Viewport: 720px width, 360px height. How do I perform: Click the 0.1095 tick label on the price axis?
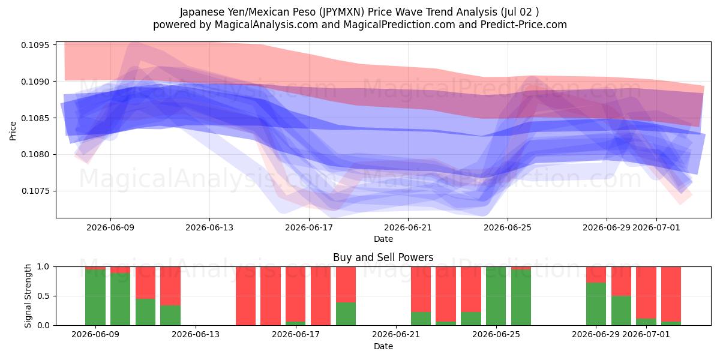(35, 45)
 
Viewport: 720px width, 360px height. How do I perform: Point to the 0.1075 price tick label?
(35, 191)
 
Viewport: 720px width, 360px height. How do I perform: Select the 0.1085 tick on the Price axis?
(35, 118)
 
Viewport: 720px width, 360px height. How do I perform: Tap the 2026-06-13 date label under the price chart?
(209, 227)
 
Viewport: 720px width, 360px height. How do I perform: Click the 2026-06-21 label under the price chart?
(408, 227)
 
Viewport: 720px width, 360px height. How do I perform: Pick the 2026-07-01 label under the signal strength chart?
(646, 335)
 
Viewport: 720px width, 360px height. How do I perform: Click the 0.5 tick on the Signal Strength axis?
(44, 296)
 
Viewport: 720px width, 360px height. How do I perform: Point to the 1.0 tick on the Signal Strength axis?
(44, 267)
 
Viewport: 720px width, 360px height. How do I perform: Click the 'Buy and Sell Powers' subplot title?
(383, 257)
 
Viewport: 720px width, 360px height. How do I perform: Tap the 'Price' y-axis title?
(13, 131)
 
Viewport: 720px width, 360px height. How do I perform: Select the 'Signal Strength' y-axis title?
(28, 296)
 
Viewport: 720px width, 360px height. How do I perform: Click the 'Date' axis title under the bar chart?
(383, 347)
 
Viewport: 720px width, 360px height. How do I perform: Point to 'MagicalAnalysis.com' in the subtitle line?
(266, 25)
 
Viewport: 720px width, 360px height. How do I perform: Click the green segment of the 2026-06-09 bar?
(95, 298)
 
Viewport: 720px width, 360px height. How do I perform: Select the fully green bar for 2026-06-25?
(496, 296)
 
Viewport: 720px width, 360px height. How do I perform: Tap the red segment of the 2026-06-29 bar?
(596, 275)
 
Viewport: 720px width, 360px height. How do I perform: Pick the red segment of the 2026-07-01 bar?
(646, 293)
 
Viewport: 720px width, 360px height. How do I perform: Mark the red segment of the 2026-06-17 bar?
(296, 294)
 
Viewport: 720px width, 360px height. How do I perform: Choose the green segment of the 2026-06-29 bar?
(596, 304)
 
